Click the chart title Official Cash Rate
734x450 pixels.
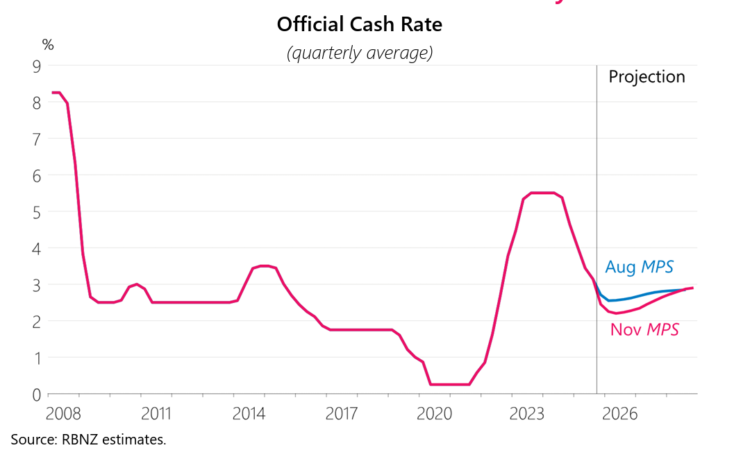[359, 25]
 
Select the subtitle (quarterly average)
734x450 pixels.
[359, 53]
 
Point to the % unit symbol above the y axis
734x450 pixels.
[48, 45]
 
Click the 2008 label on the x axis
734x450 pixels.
[63, 415]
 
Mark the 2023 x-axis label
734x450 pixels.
[527, 415]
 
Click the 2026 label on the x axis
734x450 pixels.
[619, 415]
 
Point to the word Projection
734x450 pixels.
[647, 77]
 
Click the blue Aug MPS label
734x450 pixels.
[639, 267]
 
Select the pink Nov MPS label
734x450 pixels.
[644, 329]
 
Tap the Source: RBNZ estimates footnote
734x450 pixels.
[88, 439]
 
